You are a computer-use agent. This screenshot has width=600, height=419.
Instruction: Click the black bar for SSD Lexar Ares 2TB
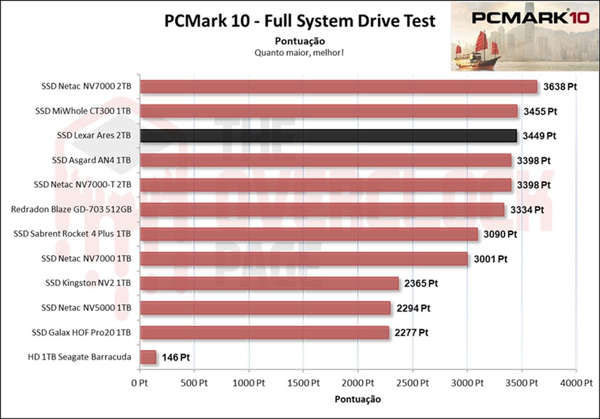(x=328, y=136)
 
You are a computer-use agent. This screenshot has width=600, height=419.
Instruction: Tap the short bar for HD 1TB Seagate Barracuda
(x=148, y=357)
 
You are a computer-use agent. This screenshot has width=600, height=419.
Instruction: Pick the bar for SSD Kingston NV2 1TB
(x=269, y=284)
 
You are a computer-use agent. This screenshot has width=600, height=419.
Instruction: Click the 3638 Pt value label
(x=559, y=87)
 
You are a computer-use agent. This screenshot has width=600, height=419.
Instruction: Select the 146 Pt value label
(x=176, y=358)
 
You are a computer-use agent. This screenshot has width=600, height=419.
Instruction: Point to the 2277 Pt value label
(x=412, y=333)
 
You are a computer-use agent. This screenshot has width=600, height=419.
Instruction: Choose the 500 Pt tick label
(x=194, y=382)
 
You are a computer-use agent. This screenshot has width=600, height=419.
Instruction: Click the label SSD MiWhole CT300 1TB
(x=83, y=112)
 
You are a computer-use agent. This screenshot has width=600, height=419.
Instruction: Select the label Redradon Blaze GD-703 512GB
(x=71, y=209)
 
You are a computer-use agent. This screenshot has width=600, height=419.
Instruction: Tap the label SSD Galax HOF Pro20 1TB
(x=81, y=333)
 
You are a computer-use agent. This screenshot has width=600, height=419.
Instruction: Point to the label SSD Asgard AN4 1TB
(x=91, y=160)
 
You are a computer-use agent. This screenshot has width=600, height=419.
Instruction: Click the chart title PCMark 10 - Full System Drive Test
(x=300, y=21)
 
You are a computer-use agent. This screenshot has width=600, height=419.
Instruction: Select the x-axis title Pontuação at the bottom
(x=358, y=399)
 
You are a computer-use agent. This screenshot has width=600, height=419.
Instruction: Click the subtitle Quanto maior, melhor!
(x=300, y=52)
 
